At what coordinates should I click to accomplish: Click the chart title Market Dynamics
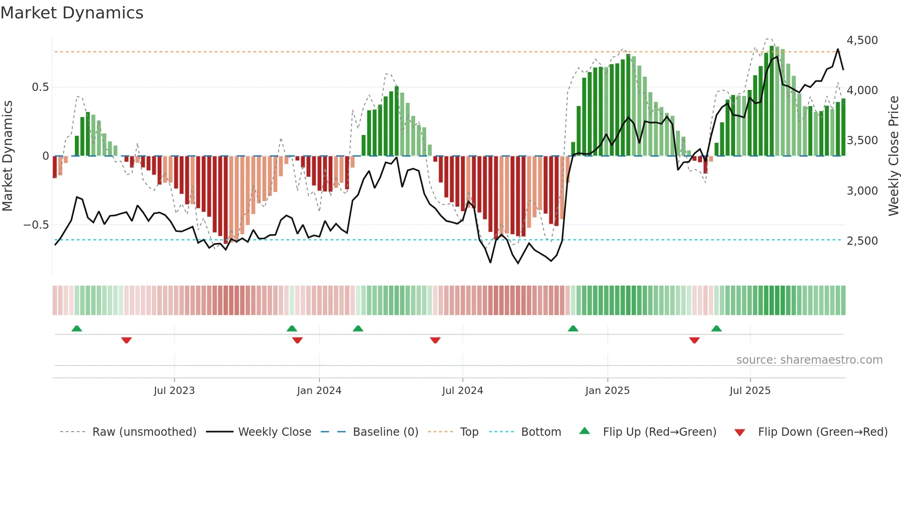72,13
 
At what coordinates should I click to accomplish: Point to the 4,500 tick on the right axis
862,40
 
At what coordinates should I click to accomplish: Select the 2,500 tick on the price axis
862,241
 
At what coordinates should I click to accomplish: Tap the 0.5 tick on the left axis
40,87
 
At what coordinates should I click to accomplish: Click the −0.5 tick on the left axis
36,225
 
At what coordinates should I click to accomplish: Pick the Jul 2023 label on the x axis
174,391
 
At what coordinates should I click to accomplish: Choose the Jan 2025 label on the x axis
607,391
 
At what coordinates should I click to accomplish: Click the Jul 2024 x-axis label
462,391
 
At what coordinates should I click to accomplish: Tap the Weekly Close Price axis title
893,156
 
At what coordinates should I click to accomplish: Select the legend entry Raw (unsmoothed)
144,432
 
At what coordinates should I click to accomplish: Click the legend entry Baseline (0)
385,432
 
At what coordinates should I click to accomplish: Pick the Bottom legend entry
541,432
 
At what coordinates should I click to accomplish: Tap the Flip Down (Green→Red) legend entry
822,432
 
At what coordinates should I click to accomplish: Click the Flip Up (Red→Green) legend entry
659,432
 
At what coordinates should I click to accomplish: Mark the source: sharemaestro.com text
809,360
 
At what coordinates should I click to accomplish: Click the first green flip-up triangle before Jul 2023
77,328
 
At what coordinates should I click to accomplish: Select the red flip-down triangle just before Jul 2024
435,340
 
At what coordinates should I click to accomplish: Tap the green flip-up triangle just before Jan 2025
573,328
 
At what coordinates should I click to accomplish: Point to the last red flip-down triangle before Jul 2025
694,340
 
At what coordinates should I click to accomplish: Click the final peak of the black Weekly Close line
838,49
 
